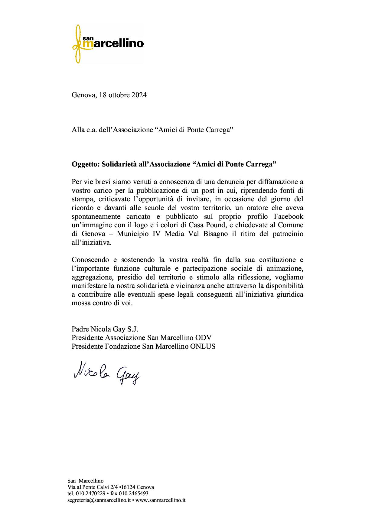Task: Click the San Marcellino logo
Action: (x=108, y=44)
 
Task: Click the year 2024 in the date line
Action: (x=139, y=95)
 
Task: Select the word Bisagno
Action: (x=214, y=234)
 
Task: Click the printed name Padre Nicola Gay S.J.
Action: (x=105, y=329)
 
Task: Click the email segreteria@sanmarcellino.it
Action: (x=99, y=500)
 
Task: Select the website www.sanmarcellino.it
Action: (x=161, y=500)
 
